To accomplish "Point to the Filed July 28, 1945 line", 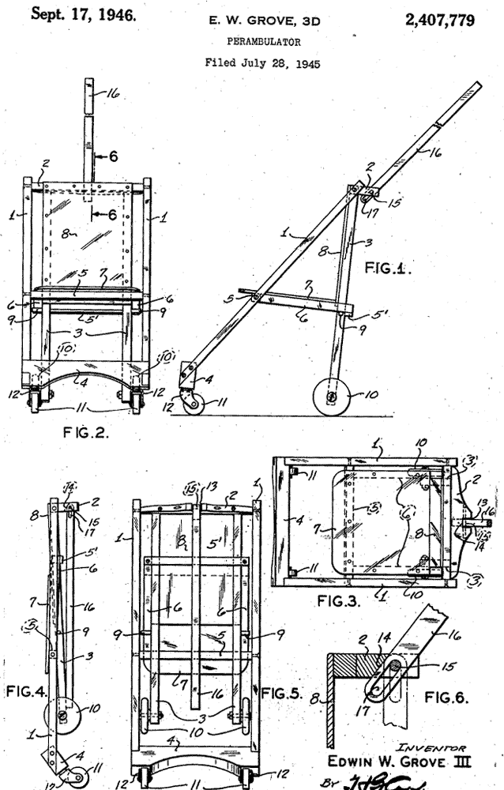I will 251,62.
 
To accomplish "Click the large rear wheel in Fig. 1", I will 329,395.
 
